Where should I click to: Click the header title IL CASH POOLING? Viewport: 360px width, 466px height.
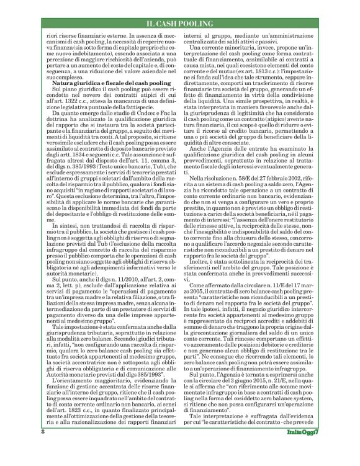click(180, 24)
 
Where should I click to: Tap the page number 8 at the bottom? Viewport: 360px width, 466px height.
click(43, 449)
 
